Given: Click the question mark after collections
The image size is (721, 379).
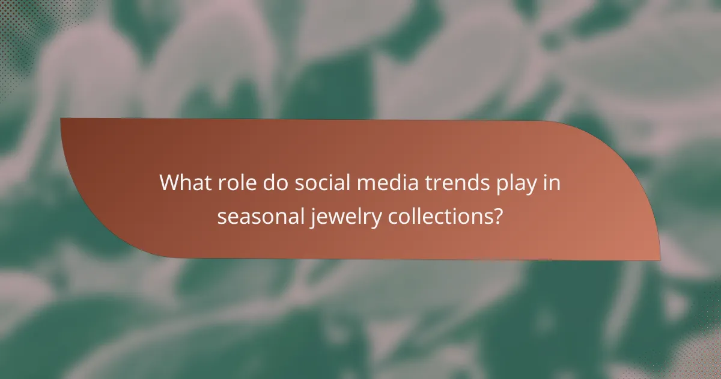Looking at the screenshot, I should pos(497,217).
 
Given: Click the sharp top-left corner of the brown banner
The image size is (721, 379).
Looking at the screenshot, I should pos(62,119).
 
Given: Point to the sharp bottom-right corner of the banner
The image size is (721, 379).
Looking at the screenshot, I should pos(659,260).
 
